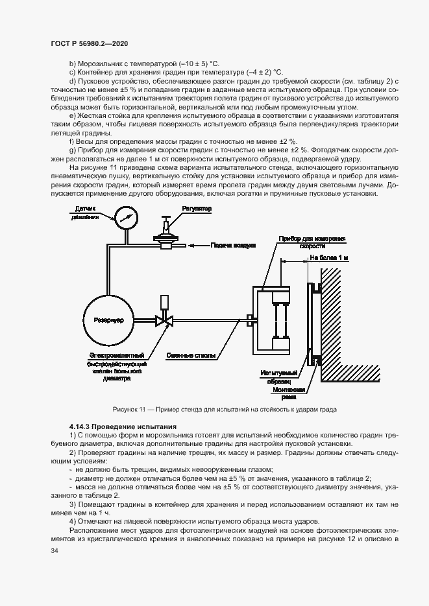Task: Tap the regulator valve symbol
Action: point(167,235)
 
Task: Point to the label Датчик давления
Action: point(85,213)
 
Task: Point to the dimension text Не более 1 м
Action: point(328,258)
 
